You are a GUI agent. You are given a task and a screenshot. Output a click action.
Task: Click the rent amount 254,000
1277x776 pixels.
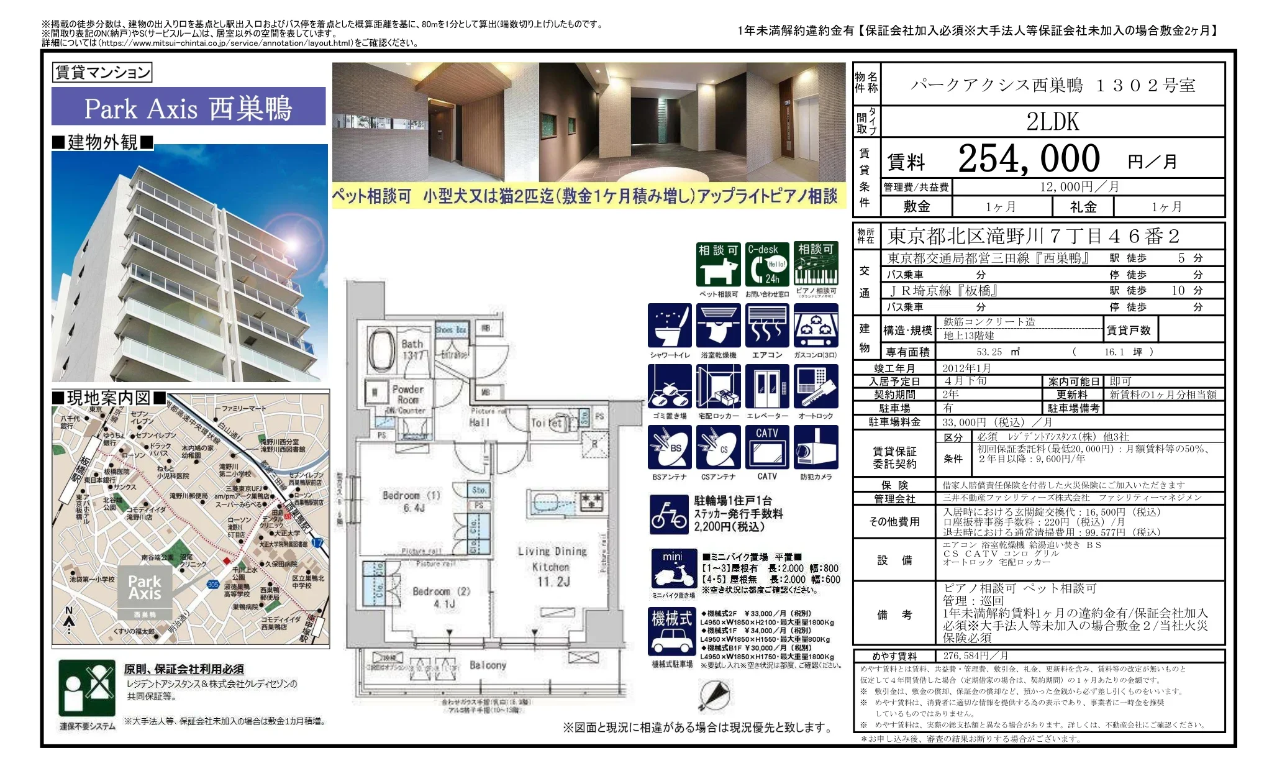click(x=1029, y=159)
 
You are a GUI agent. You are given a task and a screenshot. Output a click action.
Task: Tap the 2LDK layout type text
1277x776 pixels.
click(x=1052, y=121)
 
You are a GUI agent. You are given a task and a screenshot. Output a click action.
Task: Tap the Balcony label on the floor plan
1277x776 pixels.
click(x=488, y=665)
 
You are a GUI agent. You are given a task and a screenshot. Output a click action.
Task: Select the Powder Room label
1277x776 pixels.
click(x=408, y=394)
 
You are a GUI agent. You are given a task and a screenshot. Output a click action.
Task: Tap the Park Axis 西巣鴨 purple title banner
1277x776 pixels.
click(x=188, y=107)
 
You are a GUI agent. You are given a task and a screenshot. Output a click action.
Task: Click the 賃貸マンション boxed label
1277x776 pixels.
click(x=102, y=73)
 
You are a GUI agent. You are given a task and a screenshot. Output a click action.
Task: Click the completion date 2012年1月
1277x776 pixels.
click(x=966, y=368)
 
